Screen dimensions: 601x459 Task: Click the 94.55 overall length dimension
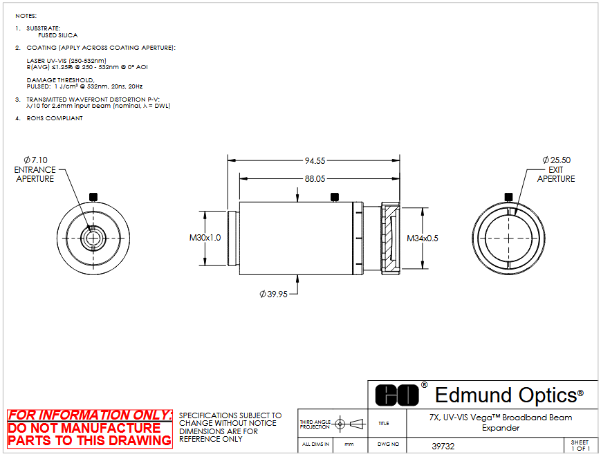(x=315, y=161)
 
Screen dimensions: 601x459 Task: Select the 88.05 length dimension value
(x=315, y=179)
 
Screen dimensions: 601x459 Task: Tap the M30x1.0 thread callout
(x=205, y=238)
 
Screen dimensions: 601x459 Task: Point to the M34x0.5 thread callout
(x=423, y=238)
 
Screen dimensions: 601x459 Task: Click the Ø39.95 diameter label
(x=273, y=294)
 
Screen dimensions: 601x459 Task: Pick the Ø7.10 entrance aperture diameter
(x=36, y=160)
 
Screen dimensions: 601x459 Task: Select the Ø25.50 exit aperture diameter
(x=557, y=160)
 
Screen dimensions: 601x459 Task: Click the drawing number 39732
(x=443, y=447)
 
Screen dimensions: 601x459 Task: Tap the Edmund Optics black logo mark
(x=397, y=395)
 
